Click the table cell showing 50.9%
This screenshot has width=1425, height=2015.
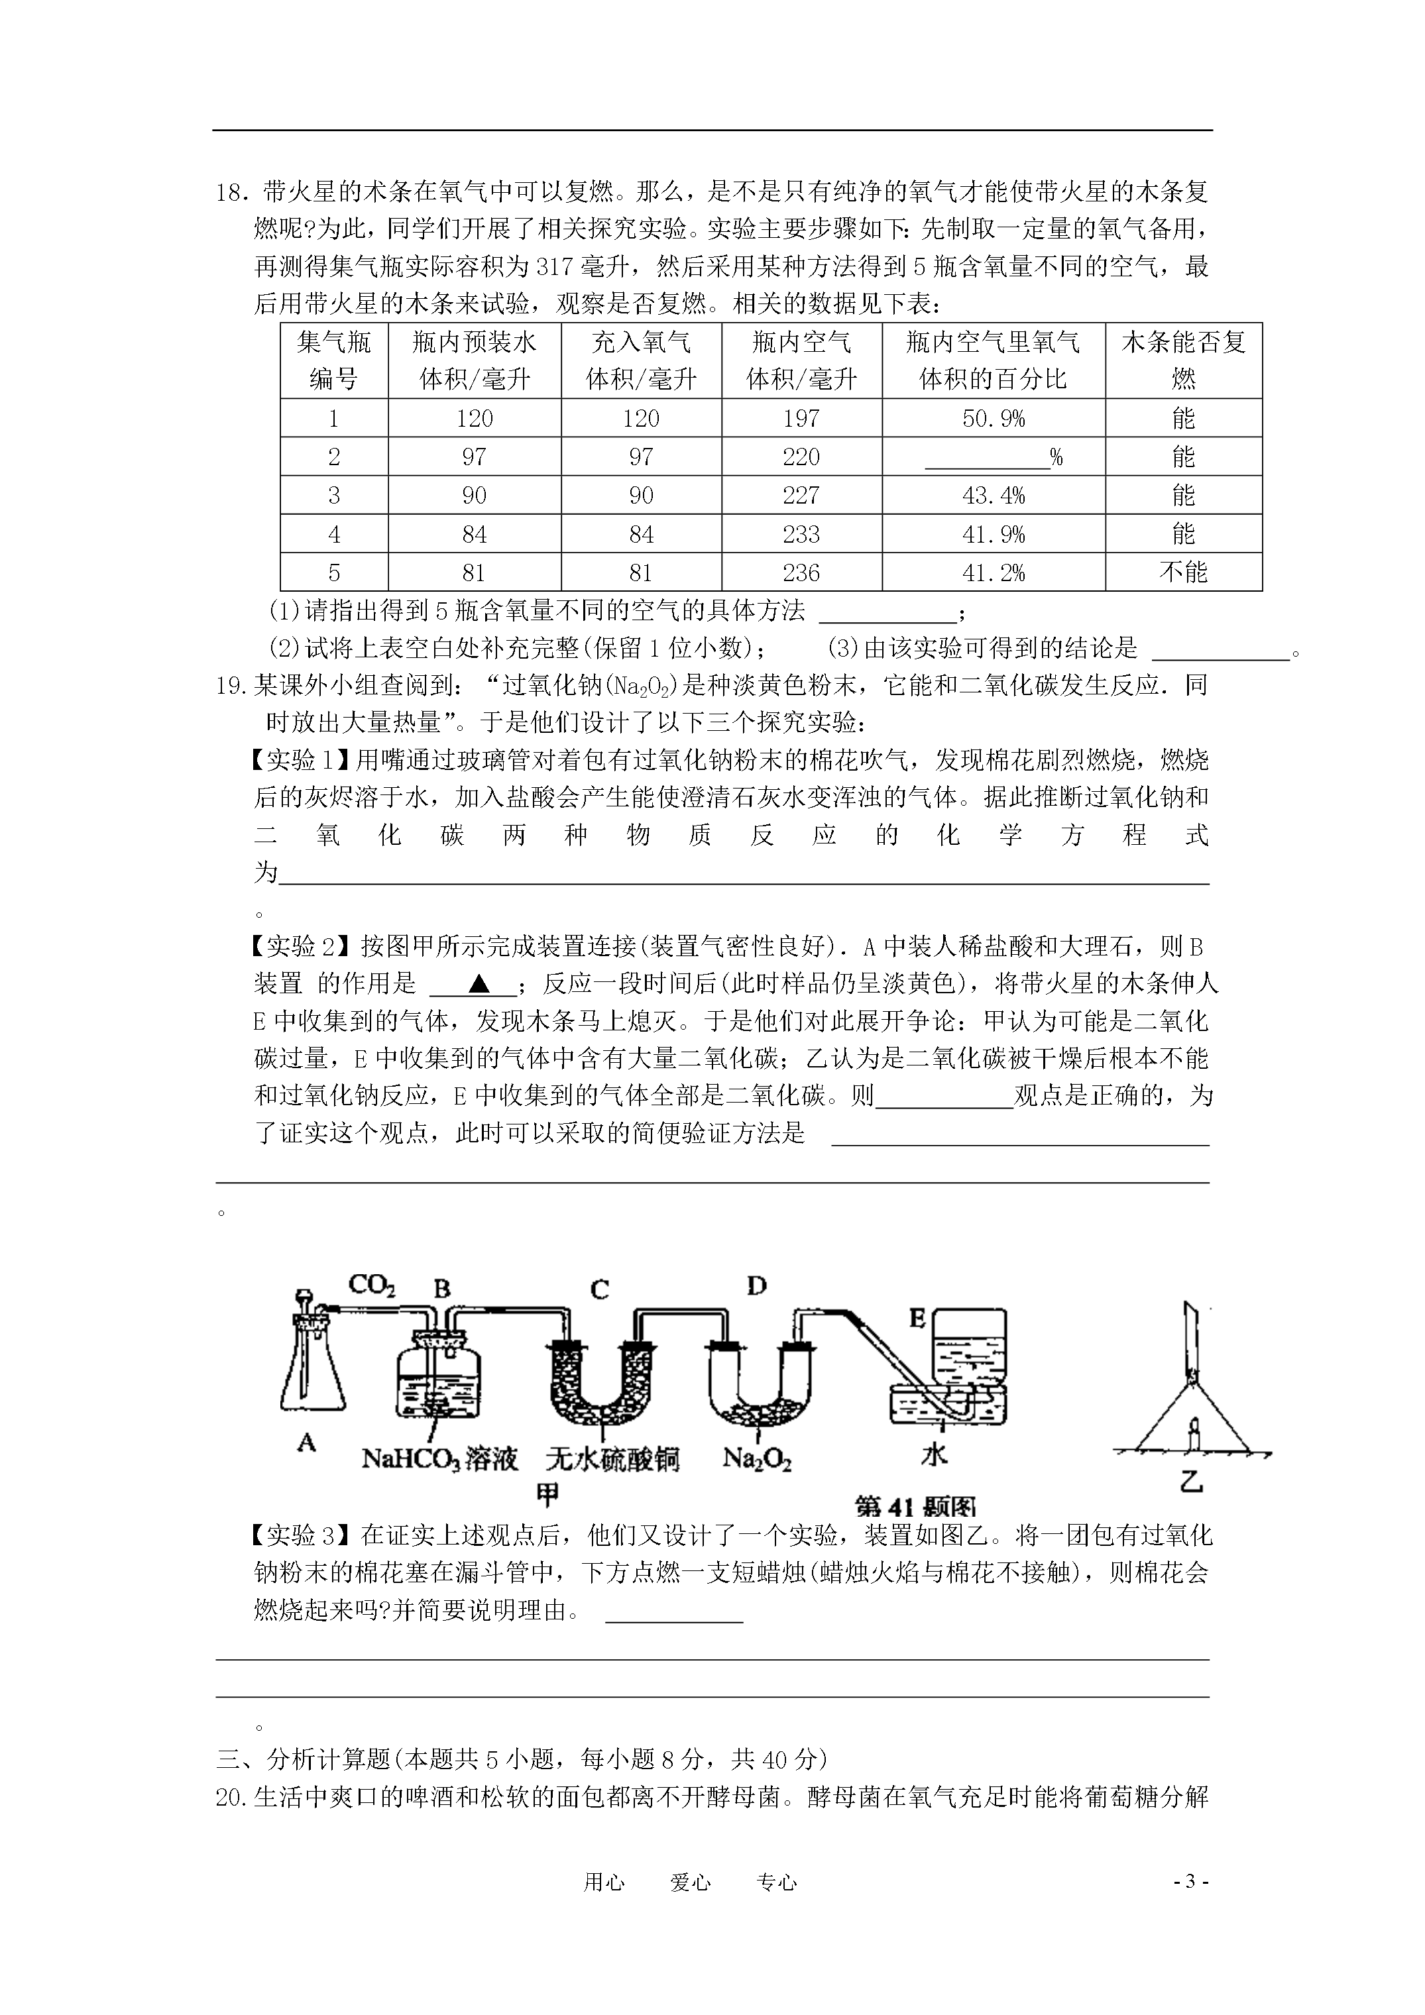(x=993, y=419)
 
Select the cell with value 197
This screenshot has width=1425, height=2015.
(x=801, y=419)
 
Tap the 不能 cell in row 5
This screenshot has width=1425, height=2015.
(x=1182, y=572)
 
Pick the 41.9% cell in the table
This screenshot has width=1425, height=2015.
(x=993, y=533)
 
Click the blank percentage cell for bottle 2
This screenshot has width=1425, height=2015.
(x=993, y=457)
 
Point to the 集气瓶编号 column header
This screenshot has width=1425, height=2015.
(x=333, y=360)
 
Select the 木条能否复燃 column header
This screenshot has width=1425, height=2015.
(x=1182, y=360)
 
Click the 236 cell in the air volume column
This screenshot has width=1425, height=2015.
(x=801, y=572)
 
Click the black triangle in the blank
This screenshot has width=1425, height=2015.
(x=479, y=984)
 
